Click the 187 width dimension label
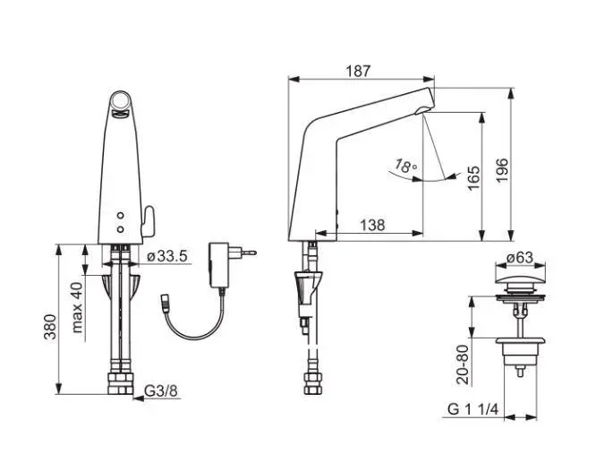pyautogui.click(x=358, y=71)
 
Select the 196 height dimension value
pyautogui.click(x=501, y=170)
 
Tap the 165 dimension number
pyautogui.click(x=473, y=178)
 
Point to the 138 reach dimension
pyautogui.click(x=372, y=225)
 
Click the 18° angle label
pyautogui.click(x=405, y=167)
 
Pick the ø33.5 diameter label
pyautogui.click(x=167, y=256)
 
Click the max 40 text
pyautogui.click(x=78, y=307)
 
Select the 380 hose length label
pyautogui.click(x=49, y=327)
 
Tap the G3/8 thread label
pyautogui.click(x=161, y=390)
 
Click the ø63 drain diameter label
pyautogui.click(x=520, y=258)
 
